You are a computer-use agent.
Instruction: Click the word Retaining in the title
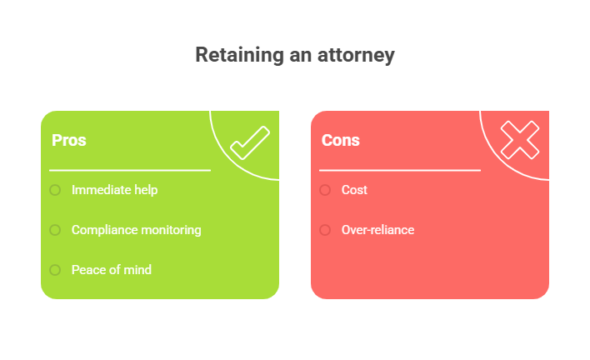(x=239, y=55)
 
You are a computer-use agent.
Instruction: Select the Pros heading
(x=69, y=140)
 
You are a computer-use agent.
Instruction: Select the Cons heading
(x=341, y=140)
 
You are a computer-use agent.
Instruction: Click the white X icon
(x=520, y=140)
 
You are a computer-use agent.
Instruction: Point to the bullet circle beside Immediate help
(x=55, y=190)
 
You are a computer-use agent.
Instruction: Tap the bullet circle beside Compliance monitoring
(x=55, y=230)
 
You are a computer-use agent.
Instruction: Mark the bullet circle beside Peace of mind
(x=55, y=270)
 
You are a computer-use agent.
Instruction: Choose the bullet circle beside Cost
(x=325, y=190)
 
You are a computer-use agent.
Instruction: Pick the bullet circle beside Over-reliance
(x=325, y=230)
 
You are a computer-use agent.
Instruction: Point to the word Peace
(x=86, y=270)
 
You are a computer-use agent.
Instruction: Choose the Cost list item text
(x=354, y=190)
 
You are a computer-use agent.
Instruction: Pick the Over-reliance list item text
(x=377, y=230)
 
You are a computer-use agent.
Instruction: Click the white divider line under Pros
(x=130, y=170)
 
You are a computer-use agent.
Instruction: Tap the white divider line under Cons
(x=400, y=170)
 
